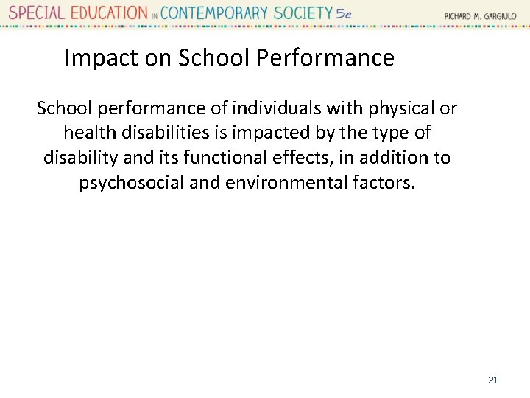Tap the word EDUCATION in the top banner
107,13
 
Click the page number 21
492,380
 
